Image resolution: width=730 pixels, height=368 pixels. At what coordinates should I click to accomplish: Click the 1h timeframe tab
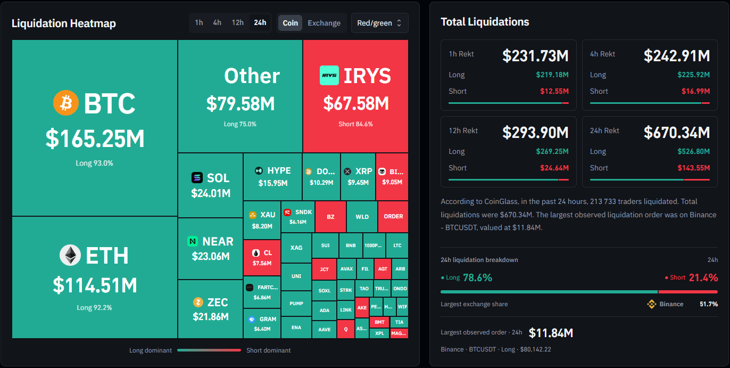199,22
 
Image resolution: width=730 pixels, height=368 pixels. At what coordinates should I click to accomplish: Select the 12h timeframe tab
238,22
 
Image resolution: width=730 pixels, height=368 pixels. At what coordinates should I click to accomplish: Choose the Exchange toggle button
324,23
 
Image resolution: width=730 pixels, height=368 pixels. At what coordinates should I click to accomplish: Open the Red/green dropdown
380,23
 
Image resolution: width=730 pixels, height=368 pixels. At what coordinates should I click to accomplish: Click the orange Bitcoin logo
66,103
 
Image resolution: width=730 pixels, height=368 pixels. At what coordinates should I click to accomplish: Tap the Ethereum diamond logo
70,255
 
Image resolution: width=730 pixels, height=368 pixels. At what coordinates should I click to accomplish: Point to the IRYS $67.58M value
356,103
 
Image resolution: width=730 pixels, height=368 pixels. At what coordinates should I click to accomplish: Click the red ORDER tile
393,216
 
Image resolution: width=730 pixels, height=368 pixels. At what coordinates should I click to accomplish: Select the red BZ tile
330,217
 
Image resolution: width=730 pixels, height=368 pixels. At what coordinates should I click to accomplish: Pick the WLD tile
362,217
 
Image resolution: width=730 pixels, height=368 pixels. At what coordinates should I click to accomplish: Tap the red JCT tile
324,269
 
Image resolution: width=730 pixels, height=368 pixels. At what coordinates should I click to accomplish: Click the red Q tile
346,329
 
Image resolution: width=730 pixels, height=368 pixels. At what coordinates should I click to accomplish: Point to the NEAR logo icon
193,241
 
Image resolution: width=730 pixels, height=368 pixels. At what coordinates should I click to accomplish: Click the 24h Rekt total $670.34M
677,133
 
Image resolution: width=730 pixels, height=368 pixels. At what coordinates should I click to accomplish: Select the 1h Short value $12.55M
554,91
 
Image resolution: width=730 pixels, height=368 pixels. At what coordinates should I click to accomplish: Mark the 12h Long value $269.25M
552,151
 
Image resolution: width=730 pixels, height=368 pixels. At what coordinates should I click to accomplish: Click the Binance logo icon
651,304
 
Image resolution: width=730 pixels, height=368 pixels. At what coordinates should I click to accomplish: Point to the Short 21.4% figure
703,277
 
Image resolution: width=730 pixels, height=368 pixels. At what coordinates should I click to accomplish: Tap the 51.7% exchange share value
709,304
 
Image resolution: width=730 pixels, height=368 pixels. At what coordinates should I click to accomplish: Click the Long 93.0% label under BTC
95,163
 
